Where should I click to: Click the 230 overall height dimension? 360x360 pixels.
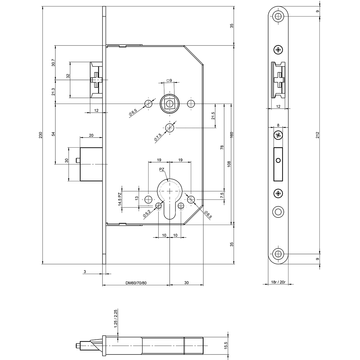[41, 135]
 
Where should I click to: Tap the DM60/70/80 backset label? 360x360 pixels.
[136, 283]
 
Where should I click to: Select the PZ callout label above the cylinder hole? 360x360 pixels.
[162, 169]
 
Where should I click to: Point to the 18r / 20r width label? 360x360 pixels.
[278, 282]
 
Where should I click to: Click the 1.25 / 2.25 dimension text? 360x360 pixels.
[116, 321]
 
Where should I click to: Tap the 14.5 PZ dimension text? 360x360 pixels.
[120, 199]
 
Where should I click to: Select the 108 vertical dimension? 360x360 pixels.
[229, 164]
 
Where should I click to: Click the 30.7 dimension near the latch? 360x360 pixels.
[53, 63]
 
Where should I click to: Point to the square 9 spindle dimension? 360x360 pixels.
[169, 81]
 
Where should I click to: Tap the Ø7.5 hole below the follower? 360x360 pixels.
[170, 128]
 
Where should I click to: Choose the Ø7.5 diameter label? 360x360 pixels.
[158, 137]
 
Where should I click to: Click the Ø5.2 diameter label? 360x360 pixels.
[147, 213]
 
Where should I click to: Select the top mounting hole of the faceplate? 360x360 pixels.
[278, 16]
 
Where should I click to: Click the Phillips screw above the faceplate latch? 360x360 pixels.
[278, 50]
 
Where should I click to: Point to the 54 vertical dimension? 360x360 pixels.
[53, 134]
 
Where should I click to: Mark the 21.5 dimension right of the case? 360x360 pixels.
[213, 116]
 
